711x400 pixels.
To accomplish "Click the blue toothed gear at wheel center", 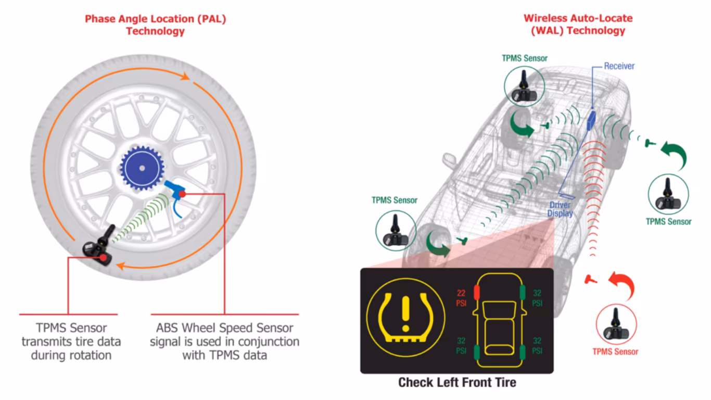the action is pyautogui.click(x=142, y=168).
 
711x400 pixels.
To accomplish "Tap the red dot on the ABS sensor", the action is pyautogui.click(x=182, y=194).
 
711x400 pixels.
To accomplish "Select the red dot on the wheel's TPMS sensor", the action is pyautogui.click(x=103, y=257).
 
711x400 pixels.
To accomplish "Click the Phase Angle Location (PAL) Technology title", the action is pyautogui.click(x=156, y=25).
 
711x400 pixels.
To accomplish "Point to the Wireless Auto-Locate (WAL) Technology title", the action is pyautogui.click(x=578, y=24).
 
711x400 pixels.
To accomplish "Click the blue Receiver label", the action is pyautogui.click(x=619, y=66).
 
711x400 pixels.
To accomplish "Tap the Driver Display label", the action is pyautogui.click(x=560, y=209).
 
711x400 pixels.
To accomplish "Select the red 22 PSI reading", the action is pyautogui.click(x=461, y=298).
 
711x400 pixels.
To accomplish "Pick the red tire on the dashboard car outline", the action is pyautogui.click(x=477, y=292).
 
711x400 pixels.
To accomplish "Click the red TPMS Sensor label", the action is pyautogui.click(x=615, y=352).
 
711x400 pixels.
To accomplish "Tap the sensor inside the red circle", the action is pyautogui.click(x=616, y=326).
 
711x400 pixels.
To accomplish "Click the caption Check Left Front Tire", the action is pyautogui.click(x=457, y=382).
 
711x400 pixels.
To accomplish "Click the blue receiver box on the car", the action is pyautogui.click(x=591, y=120).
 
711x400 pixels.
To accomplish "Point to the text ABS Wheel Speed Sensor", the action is pyautogui.click(x=225, y=328).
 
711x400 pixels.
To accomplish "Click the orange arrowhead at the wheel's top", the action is pyautogui.click(x=185, y=76).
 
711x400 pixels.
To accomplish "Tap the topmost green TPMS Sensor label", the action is pyautogui.click(x=524, y=58).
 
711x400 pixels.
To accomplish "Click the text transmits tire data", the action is pyautogui.click(x=71, y=342).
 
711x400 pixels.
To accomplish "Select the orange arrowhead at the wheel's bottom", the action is pyautogui.click(x=120, y=266).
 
